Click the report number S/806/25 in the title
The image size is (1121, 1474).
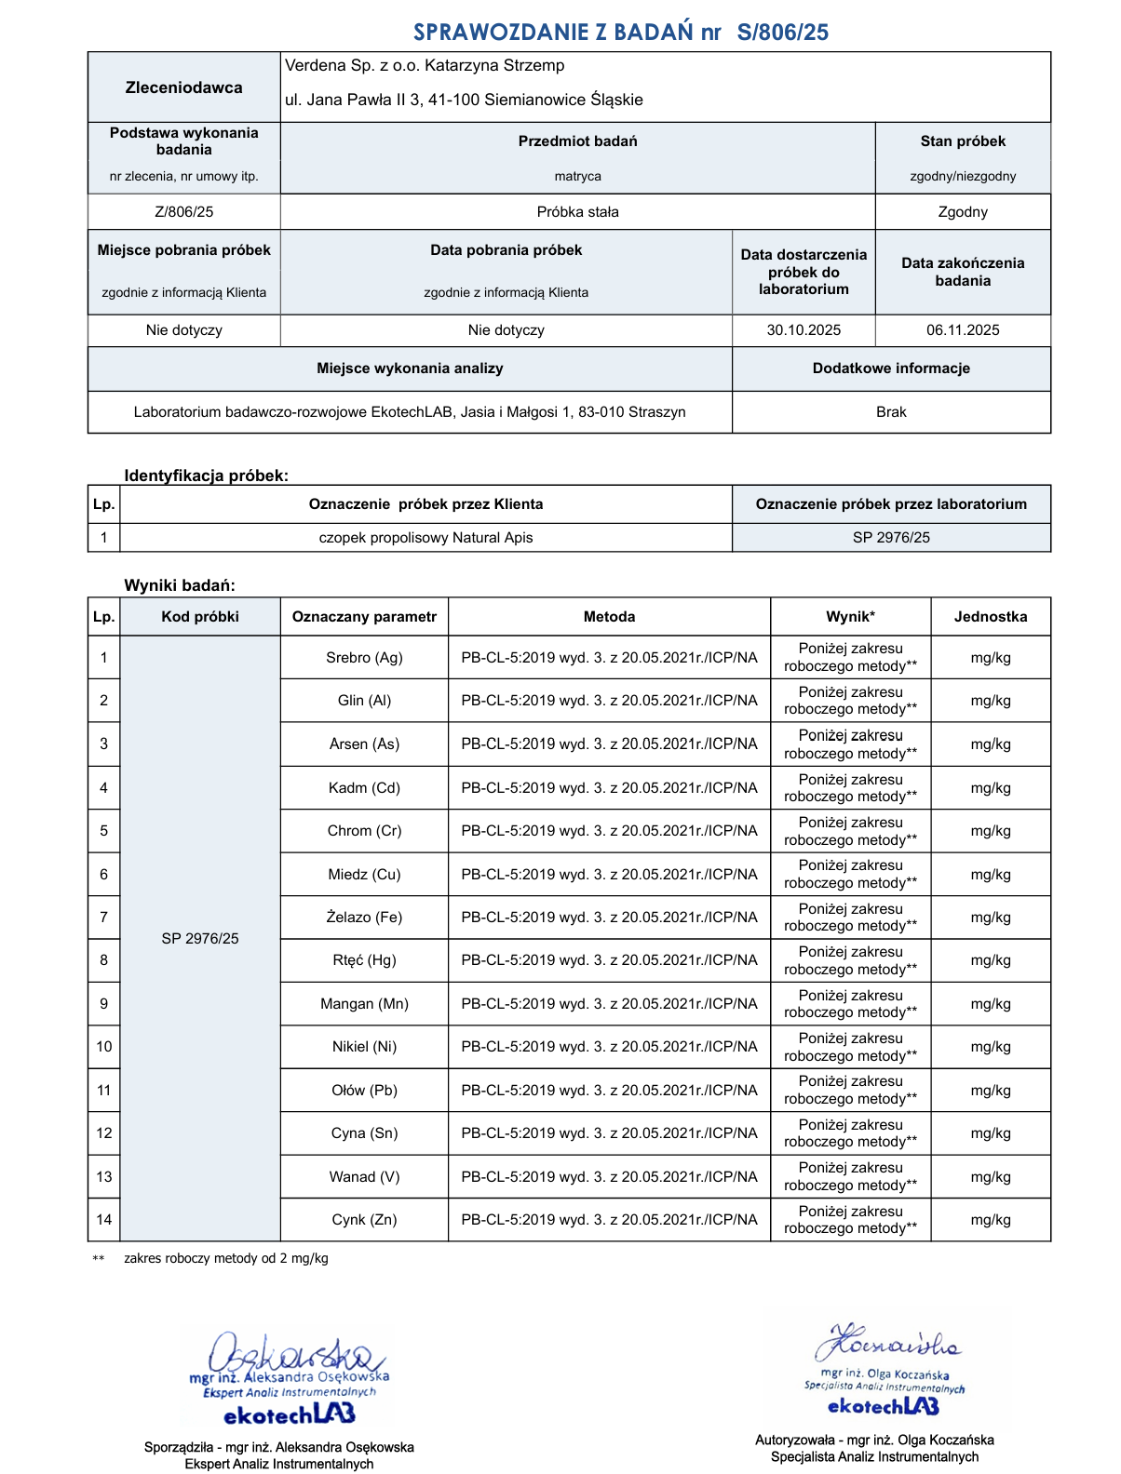(782, 33)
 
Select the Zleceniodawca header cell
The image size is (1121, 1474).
(184, 87)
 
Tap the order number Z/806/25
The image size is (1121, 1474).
(184, 212)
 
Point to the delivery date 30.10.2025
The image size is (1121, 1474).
(804, 330)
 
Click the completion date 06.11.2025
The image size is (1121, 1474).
(963, 330)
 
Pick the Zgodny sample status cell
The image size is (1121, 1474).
(963, 212)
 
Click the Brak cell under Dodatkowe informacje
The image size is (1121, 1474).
(891, 412)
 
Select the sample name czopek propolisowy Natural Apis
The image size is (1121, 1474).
(425, 538)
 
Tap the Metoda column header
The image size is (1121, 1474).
(609, 617)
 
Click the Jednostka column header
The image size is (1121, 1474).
(991, 617)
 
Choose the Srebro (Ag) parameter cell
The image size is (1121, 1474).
(364, 658)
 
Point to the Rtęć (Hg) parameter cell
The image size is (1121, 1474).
(364, 960)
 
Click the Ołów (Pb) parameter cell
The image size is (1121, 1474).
(364, 1091)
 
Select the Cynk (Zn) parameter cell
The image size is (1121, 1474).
(364, 1220)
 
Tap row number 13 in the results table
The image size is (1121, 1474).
(103, 1177)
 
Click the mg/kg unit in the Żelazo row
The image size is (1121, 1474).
(991, 918)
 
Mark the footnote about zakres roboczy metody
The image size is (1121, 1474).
(225, 1259)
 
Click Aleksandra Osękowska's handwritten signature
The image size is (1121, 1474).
(289, 1354)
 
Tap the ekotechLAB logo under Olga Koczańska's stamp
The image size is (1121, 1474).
(883, 1406)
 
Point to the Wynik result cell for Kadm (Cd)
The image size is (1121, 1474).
(850, 788)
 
